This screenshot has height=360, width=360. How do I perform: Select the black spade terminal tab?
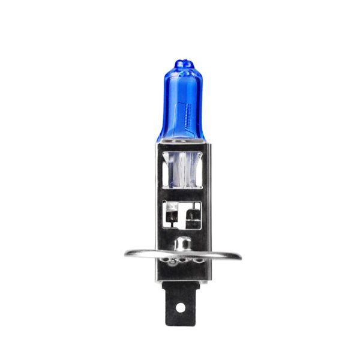(179, 299)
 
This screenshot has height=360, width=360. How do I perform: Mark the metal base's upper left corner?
(157, 145)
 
